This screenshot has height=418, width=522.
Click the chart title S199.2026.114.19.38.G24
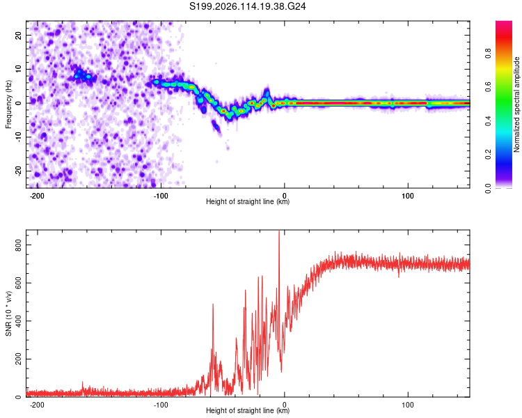(x=247, y=6)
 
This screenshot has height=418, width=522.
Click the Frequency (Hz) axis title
(x=8, y=104)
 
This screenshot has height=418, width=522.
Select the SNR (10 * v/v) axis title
(x=8, y=313)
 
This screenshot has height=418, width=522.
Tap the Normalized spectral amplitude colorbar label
(x=516, y=104)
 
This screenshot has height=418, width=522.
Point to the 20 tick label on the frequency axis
(x=18, y=35)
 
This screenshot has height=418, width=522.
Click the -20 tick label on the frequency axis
(x=18, y=171)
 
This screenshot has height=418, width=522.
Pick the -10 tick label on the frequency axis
(x=18, y=137)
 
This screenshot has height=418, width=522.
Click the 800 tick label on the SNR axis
(x=18, y=245)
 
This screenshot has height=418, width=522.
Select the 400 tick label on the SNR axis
(x=18, y=321)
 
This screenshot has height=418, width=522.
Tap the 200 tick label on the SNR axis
(x=18, y=359)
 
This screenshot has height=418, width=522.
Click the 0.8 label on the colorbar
(x=488, y=53)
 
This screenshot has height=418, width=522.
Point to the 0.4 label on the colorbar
(x=488, y=121)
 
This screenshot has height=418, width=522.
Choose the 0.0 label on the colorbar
(x=488, y=189)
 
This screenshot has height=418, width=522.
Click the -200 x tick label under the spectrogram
(x=37, y=196)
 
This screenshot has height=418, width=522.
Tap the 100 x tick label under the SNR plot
(x=407, y=405)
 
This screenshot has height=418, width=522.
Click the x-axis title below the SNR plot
(x=248, y=410)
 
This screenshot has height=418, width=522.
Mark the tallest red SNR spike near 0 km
(x=279, y=231)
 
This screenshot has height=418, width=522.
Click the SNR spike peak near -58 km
(x=213, y=304)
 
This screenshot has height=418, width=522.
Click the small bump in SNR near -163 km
(x=83, y=382)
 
